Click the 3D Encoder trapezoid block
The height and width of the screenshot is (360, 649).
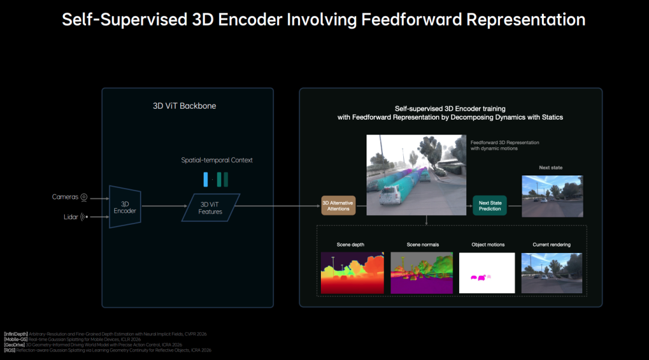(125, 207)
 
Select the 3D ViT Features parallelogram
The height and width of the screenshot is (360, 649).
(210, 207)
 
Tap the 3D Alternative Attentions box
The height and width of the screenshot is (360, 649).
(338, 206)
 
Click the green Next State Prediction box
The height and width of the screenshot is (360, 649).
(489, 206)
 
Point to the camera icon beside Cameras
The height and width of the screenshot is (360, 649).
(84, 197)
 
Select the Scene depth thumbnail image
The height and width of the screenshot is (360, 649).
(352, 273)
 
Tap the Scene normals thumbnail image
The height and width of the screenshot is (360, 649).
(421, 273)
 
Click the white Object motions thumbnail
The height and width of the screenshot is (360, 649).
(487, 273)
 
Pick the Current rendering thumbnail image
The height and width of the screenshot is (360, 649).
(552, 273)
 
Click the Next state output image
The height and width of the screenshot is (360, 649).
(552, 196)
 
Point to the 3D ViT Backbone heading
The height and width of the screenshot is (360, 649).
(184, 106)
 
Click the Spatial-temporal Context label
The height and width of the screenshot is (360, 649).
(217, 160)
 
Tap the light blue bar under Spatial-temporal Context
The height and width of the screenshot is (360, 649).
(206, 179)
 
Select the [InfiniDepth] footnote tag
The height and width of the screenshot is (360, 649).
(16, 334)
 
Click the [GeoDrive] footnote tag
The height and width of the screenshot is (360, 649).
(15, 344)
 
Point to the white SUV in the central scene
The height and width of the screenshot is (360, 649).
(391, 196)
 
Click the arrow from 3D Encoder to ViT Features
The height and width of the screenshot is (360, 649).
(162, 206)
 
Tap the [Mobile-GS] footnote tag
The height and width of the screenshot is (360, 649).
(15, 339)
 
